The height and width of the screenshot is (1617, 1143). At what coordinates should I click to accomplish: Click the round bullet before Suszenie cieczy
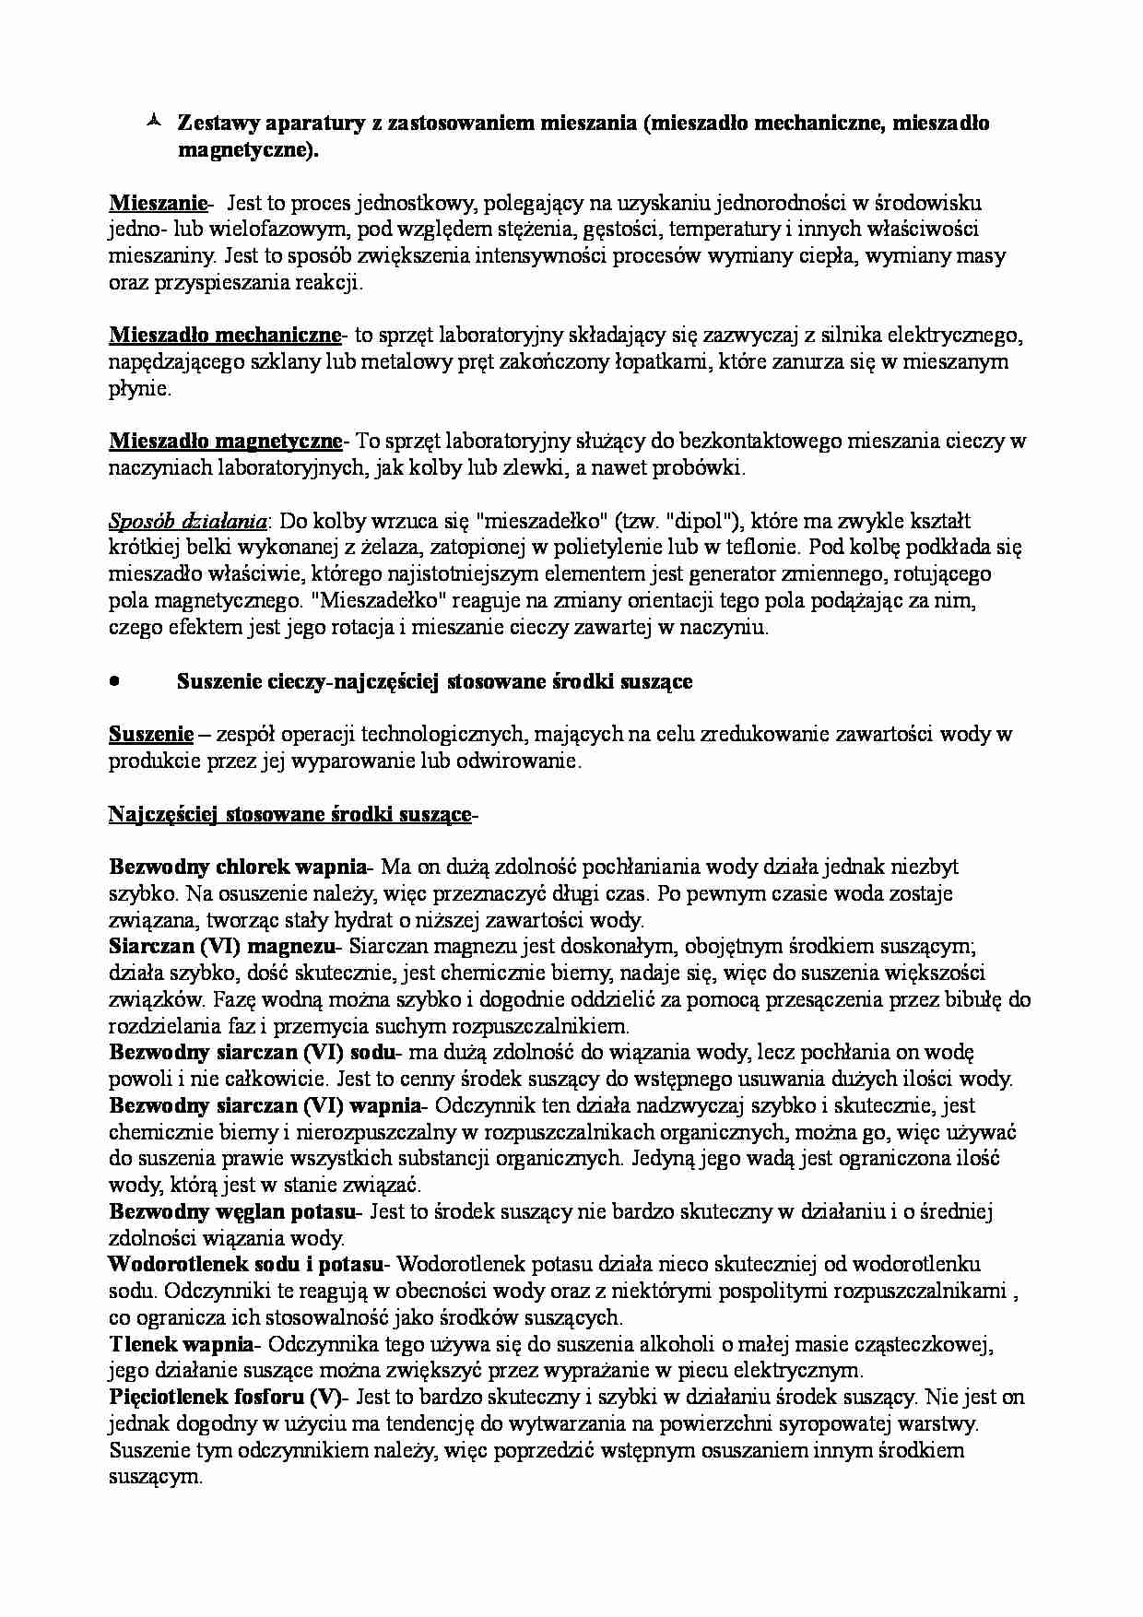pyautogui.click(x=114, y=681)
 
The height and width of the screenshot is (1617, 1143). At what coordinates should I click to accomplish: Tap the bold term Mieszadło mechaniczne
pyautogui.click(x=225, y=334)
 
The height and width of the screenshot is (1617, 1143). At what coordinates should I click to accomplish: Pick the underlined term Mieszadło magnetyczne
pyautogui.click(x=225, y=441)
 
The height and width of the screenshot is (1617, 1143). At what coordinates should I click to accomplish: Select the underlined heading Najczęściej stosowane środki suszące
pyautogui.click(x=289, y=814)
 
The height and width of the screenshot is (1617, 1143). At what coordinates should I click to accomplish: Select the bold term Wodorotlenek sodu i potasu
pyautogui.click(x=249, y=1264)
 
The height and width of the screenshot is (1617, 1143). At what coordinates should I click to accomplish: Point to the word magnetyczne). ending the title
pyautogui.click(x=247, y=150)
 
